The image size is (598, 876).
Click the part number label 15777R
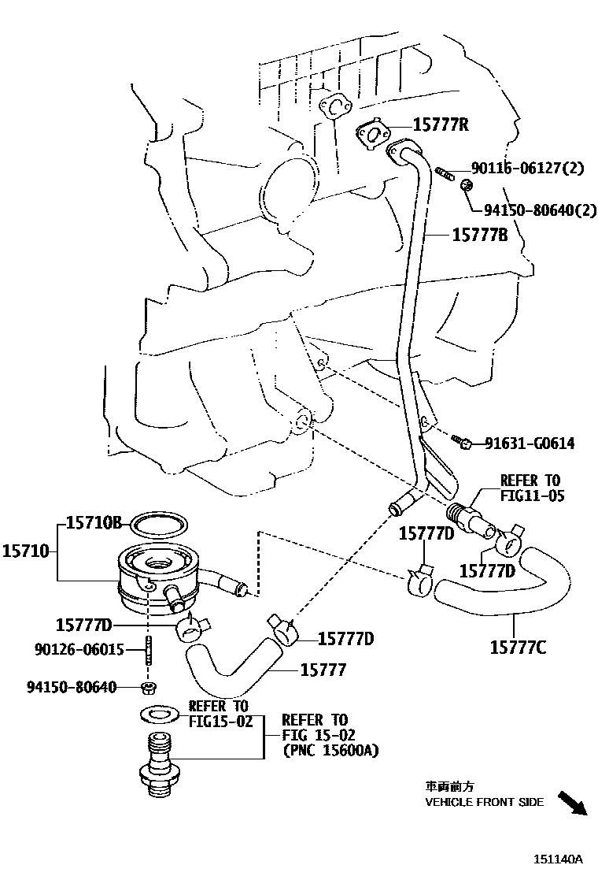[x=441, y=124]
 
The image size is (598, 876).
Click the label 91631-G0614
[x=529, y=444]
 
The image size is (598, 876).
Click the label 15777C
[x=518, y=648]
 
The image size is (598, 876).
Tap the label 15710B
[x=93, y=522]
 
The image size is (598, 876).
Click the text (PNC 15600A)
[x=330, y=750]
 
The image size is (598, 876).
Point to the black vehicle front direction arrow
[x=572, y=803]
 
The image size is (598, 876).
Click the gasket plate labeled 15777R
[x=372, y=136]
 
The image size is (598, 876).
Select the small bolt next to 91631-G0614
[x=462, y=443]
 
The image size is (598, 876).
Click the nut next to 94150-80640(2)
[x=466, y=186]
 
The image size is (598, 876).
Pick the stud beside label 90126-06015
[x=149, y=652]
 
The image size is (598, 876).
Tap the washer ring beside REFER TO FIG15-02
[x=157, y=714]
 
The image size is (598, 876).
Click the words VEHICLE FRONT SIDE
[x=484, y=802]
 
